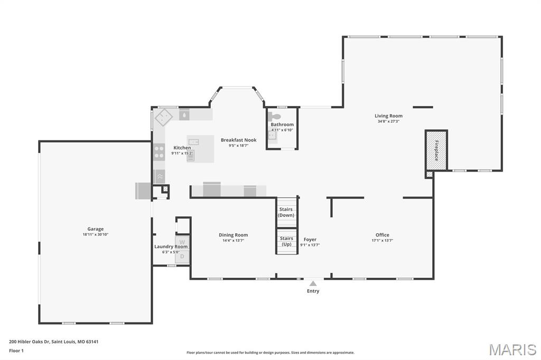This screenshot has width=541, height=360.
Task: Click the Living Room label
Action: tap(388, 116)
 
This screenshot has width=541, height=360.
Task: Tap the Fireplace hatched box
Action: tap(436, 150)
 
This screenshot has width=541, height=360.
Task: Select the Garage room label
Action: tap(96, 229)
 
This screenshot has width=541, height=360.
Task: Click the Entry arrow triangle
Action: tap(313, 283)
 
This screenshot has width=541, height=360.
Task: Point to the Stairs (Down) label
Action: tap(286, 212)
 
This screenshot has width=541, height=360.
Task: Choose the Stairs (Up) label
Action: tap(286, 241)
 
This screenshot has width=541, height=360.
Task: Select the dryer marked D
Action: tap(182, 257)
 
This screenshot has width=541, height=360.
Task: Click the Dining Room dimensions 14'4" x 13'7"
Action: tap(233, 241)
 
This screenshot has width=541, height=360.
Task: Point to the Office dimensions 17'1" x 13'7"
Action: tap(382, 241)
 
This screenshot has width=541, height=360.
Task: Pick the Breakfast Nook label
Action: tap(238, 140)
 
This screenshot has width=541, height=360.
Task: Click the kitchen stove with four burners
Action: tap(158, 153)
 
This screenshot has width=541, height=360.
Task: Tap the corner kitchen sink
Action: tap(164, 116)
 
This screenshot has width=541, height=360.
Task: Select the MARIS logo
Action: tap(512, 349)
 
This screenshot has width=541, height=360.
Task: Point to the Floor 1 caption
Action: tap(16, 350)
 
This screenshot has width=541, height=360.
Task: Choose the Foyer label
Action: tap(310, 240)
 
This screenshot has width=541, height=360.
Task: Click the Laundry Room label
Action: tap(171, 247)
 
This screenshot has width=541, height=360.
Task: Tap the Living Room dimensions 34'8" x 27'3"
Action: tap(388, 121)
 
